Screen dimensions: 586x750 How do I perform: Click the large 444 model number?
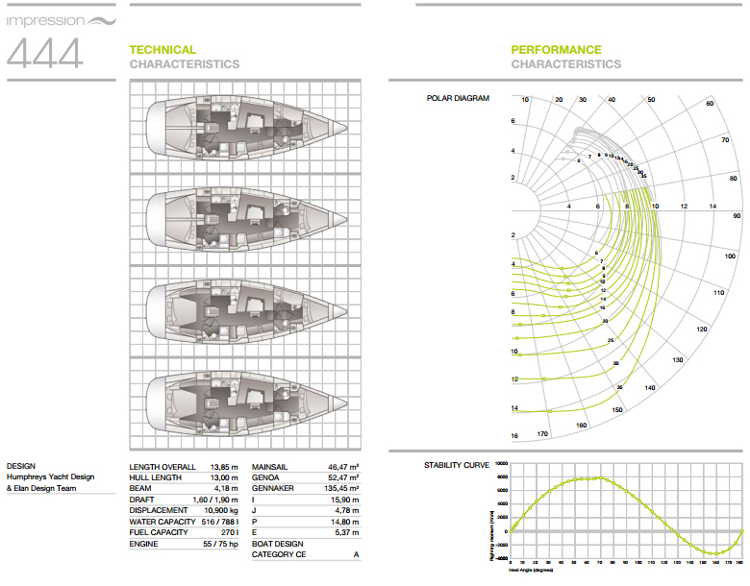pos(44,53)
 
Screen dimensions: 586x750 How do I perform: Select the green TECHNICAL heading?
pos(162,50)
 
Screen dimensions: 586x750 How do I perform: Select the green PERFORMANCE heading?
pos(556,50)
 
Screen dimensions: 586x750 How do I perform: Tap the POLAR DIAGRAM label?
pos(458,98)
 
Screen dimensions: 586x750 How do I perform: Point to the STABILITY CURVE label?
pos(458,466)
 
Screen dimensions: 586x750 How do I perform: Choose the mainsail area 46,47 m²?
pos(343,466)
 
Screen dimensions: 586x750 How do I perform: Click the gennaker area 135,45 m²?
pos(340,488)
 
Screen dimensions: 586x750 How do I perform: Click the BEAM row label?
pos(141,488)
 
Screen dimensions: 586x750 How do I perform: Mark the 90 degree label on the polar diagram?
pos(737,217)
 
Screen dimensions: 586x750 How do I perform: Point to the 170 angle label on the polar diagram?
pos(542,434)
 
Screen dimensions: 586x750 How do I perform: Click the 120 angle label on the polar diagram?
pos(701,330)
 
